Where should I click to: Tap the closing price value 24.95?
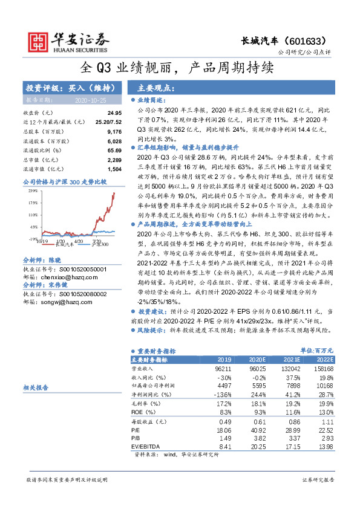[x=114, y=113]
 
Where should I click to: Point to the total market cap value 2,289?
[x=114, y=159]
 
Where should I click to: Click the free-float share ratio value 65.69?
[x=114, y=150]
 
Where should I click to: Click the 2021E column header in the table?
[x=293, y=358]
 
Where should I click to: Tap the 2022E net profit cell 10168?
[x=324, y=384]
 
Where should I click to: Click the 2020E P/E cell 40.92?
[x=258, y=430]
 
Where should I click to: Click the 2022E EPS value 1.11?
[x=328, y=421]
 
